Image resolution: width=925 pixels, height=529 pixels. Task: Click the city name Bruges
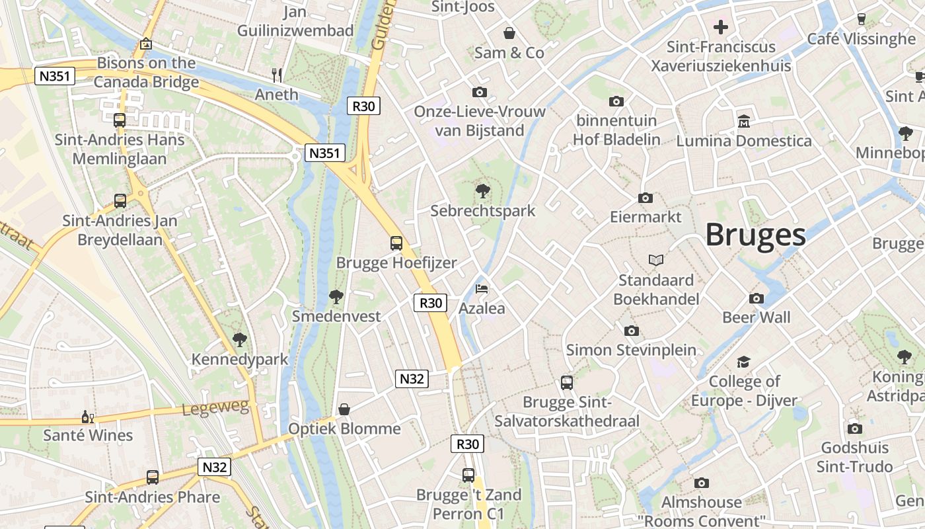pyautogui.click(x=755, y=235)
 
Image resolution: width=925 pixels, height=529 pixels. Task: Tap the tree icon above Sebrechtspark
pyautogui.click(x=483, y=192)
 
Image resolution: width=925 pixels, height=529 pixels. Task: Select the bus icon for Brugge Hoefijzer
pyautogui.click(x=396, y=243)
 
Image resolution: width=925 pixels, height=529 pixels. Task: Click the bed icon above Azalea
pyautogui.click(x=482, y=290)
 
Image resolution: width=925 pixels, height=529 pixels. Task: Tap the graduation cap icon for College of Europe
pyautogui.click(x=744, y=362)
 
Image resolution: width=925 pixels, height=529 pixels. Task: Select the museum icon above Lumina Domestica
pyautogui.click(x=744, y=121)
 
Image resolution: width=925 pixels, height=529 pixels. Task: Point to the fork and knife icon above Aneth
pyautogui.click(x=277, y=75)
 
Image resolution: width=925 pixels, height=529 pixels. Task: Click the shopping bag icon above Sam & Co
pyautogui.click(x=509, y=33)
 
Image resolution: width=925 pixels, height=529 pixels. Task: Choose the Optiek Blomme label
pyautogui.click(x=344, y=428)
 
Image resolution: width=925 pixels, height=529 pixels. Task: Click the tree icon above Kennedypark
pyautogui.click(x=239, y=340)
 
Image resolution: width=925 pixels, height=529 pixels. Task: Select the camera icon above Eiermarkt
pyautogui.click(x=646, y=198)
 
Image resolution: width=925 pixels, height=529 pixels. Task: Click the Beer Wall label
pyautogui.click(x=756, y=317)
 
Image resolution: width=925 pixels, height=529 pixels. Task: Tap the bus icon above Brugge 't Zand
pyautogui.click(x=468, y=475)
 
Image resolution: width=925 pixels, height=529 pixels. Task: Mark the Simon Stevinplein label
pyautogui.click(x=631, y=350)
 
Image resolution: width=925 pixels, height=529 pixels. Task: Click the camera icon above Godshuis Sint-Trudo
pyautogui.click(x=854, y=428)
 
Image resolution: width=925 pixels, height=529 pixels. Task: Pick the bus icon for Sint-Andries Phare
pyautogui.click(x=153, y=477)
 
